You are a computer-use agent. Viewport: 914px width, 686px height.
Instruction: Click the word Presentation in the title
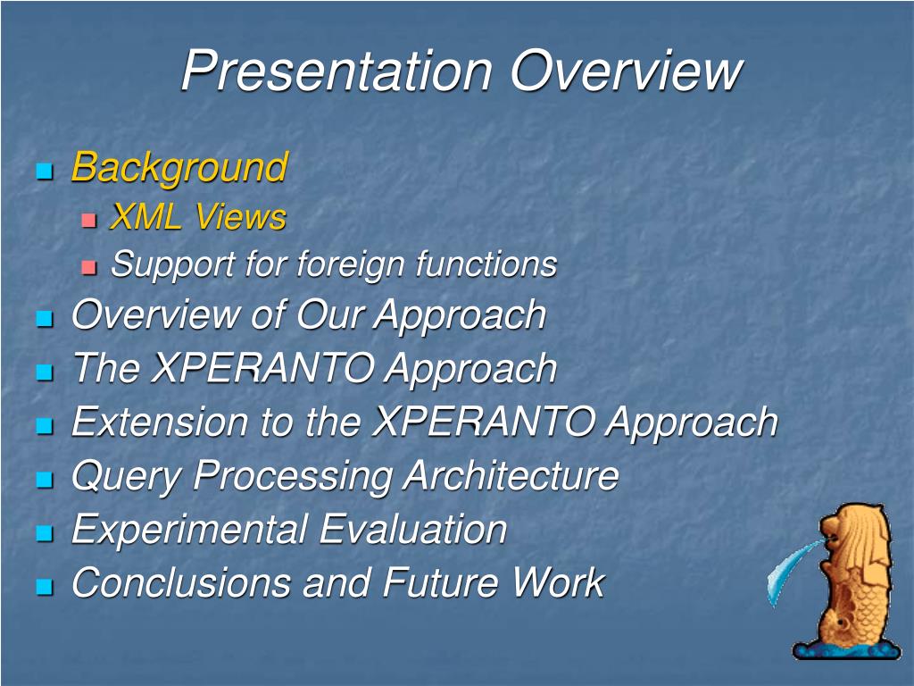click(337, 71)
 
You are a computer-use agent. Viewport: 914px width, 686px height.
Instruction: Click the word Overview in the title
click(626, 71)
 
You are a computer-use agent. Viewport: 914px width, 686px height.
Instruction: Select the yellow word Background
click(179, 168)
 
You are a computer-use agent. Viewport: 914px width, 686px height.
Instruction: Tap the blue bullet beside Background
click(45, 171)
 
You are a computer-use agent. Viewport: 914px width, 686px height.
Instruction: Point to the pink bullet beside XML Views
click(88, 221)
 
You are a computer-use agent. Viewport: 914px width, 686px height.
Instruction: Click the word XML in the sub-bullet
click(145, 217)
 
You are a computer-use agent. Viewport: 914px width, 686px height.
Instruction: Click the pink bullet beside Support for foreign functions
click(88, 268)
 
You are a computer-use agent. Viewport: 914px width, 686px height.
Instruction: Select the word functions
click(486, 264)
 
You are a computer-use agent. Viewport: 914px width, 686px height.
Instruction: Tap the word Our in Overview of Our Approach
click(328, 315)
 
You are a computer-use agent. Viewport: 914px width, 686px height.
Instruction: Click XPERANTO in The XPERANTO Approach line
click(262, 369)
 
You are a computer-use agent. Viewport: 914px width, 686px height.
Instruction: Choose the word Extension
click(159, 422)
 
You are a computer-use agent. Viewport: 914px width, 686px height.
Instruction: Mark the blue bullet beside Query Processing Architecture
click(45, 480)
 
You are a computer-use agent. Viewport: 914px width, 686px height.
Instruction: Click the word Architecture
click(511, 475)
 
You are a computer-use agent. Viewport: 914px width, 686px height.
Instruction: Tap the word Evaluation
click(413, 530)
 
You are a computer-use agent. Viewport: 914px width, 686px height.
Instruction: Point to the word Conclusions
click(180, 582)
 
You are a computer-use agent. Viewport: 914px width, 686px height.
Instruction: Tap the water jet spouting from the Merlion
click(793, 569)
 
